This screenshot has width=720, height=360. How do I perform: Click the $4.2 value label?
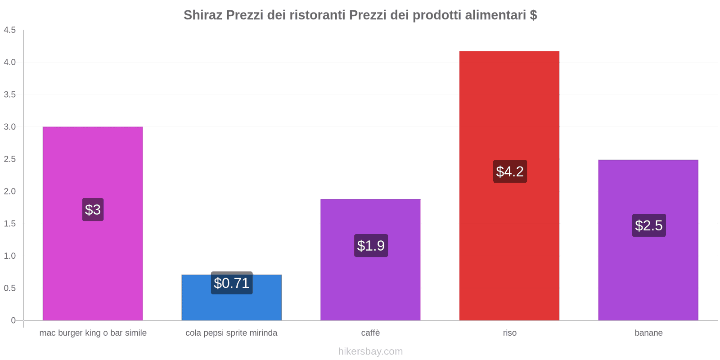(x=510, y=171)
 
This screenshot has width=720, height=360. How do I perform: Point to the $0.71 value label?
(x=231, y=283)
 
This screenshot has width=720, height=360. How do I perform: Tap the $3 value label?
(x=93, y=210)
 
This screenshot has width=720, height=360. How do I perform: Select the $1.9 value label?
(x=371, y=246)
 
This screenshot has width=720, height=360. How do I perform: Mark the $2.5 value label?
(x=648, y=225)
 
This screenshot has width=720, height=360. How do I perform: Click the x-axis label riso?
(x=509, y=333)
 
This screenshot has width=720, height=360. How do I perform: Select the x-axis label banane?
(x=648, y=333)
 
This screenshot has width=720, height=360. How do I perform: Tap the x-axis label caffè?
(x=370, y=333)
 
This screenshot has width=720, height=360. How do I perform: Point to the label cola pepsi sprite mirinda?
(x=231, y=333)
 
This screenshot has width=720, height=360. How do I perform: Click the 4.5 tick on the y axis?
(x=10, y=30)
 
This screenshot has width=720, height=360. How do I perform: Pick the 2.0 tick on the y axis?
(x=10, y=191)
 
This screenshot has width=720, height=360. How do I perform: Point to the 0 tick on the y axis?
(x=13, y=320)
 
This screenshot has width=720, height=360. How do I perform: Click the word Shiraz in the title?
(x=203, y=15)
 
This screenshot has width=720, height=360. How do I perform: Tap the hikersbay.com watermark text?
(x=370, y=351)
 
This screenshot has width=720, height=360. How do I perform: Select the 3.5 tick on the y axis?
(x=10, y=94)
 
